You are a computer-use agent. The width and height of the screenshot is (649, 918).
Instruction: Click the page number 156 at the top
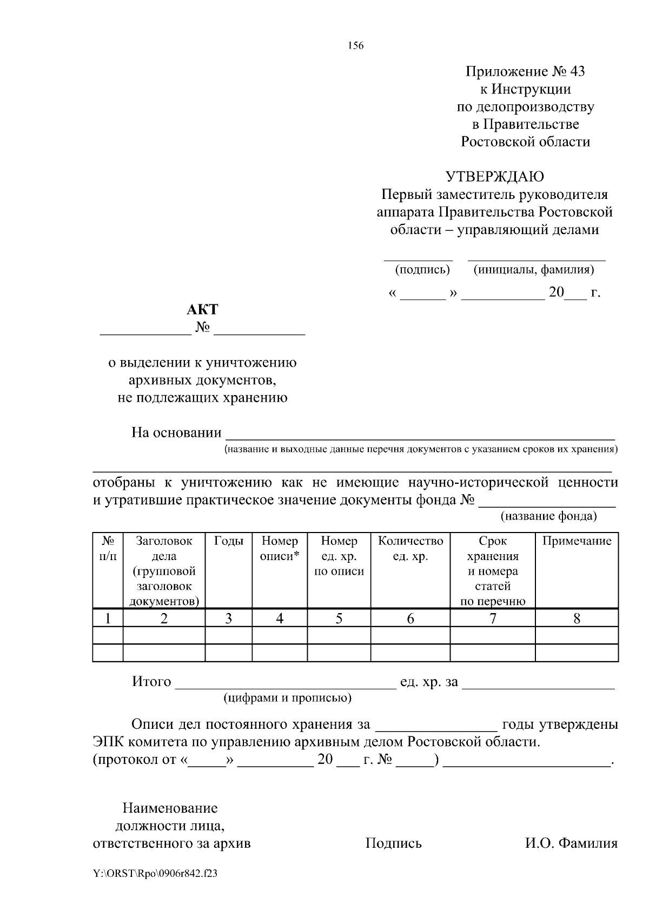point(355,45)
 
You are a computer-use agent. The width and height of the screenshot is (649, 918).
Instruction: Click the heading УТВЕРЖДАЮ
point(494,177)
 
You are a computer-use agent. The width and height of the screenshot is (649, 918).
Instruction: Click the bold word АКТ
point(202,309)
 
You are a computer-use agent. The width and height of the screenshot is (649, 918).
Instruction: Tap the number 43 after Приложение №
point(577,71)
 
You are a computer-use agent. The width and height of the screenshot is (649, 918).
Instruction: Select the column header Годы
point(229,541)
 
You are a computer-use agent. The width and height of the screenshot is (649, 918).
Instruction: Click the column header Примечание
point(577,541)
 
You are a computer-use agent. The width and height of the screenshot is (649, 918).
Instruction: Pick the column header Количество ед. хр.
point(410,548)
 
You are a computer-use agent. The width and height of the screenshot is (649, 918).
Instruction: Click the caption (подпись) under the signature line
point(422,269)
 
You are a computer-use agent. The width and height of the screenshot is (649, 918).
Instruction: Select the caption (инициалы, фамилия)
point(534,269)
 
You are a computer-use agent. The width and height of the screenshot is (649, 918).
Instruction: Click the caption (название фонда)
point(548,516)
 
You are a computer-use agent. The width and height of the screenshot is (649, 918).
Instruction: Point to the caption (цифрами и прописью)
point(288,697)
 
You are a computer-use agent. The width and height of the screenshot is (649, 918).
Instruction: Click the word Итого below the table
point(151,682)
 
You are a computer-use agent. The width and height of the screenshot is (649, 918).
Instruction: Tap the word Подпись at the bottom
point(393,843)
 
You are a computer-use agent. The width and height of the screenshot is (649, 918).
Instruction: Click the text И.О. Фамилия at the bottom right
point(571,843)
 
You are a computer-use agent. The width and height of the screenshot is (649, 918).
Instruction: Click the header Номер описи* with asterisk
point(280,548)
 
